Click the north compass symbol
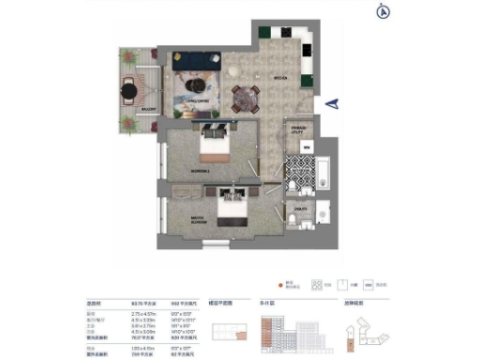click(382, 12)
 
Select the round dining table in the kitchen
click(248, 95)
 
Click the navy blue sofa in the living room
click(194, 63)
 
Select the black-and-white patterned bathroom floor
click(300, 174)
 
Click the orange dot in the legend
click(280, 281)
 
